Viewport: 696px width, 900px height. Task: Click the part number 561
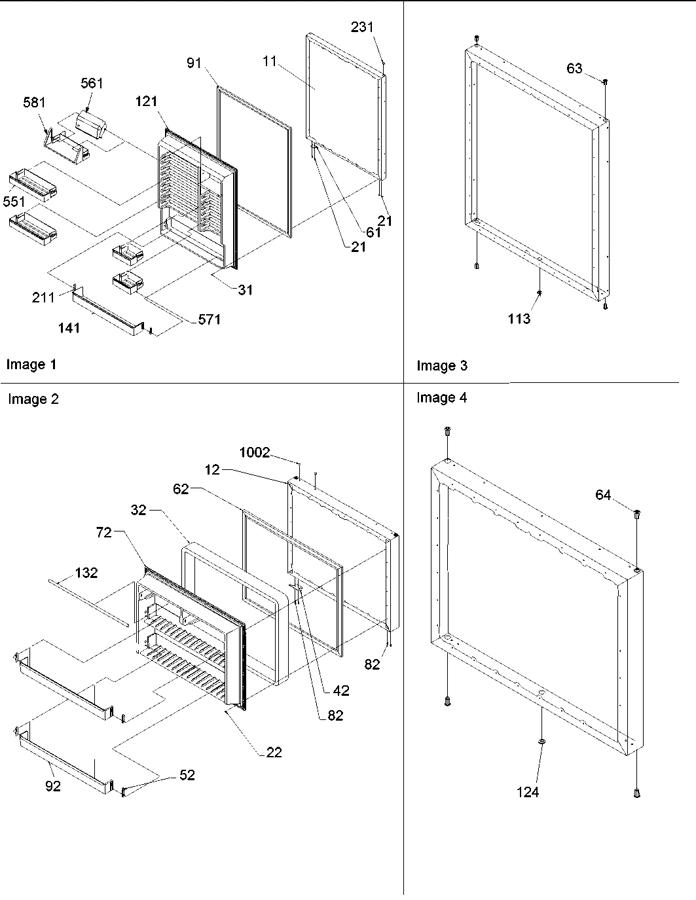[92, 83]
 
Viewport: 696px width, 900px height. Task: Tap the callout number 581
[34, 103]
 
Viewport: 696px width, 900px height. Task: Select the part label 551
[14, 202]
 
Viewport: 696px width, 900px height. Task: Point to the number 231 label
[362, 27]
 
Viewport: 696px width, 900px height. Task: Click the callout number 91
[194, 63]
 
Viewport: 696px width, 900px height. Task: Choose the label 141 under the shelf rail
[69, 328]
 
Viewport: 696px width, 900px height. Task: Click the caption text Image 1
[31, 365]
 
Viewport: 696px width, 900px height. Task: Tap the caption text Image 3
[442, 365]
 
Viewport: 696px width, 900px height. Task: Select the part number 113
[519, 319]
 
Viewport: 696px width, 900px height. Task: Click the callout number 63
[574, 68]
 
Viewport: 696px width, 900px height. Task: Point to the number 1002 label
[254, 452]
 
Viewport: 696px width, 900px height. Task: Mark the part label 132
[86, 573]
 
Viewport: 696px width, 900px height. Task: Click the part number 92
[52, 786]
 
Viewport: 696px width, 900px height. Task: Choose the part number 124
[527, 792]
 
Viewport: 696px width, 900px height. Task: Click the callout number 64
[603, 495]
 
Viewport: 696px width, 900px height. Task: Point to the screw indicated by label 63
[606, 82]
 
